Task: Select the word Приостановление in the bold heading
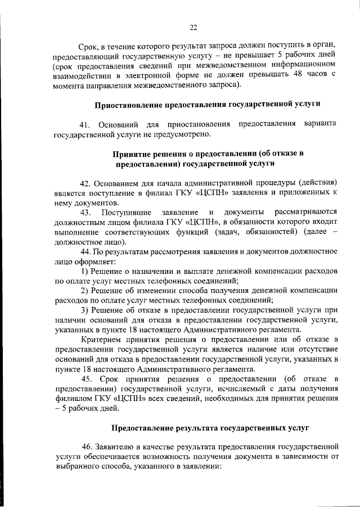point(128,105)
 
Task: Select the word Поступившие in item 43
point(126,211)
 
